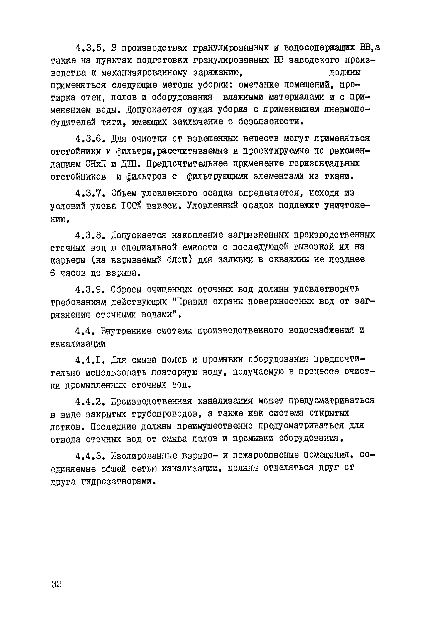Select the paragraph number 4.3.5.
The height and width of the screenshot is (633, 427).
click(89, 48)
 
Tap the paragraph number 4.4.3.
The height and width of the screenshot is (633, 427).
click(89, 456)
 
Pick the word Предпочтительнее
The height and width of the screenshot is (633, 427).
click(187, 164)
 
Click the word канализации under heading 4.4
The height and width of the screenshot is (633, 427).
click(78, 344)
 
